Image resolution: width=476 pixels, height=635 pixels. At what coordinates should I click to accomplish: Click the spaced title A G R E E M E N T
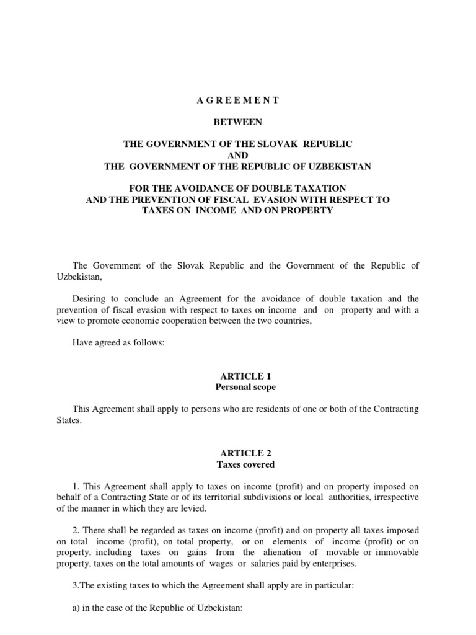(x=238, y=100)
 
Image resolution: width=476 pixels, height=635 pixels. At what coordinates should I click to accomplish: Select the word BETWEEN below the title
(x=238, y=122)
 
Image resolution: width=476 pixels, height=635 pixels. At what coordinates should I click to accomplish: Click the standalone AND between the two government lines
(x=238, y=155)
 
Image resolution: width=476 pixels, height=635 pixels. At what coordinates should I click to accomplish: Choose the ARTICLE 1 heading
(x=238, y=376)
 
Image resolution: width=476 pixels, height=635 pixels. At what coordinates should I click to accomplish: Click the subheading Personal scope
(x=238, y=387)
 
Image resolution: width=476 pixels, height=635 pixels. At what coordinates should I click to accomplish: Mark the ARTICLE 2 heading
(x=238, y=453)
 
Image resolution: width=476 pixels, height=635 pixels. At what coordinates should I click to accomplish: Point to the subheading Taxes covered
(x=238, y=464)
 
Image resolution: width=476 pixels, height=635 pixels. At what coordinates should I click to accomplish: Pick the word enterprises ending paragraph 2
(x=341, y=564)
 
